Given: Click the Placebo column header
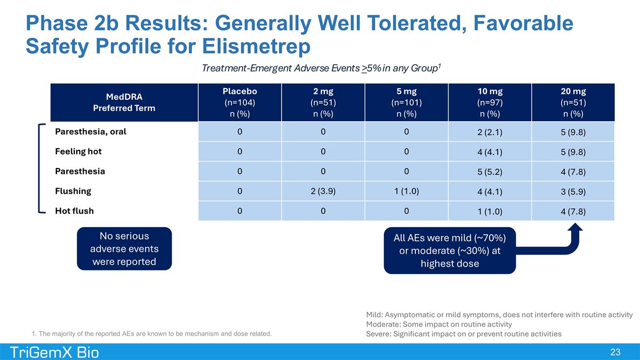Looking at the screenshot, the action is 239,102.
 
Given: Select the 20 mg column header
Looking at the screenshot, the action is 573,102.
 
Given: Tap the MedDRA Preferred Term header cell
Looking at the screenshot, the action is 124,102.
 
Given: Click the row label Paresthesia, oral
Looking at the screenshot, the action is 91,132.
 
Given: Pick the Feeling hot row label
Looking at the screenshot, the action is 78,151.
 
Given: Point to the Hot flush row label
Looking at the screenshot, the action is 74,211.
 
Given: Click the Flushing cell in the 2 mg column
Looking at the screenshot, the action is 323,191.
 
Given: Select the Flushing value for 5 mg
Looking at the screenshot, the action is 406,191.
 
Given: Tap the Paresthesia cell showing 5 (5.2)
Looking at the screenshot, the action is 490,171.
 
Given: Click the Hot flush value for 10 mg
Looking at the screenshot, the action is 490,211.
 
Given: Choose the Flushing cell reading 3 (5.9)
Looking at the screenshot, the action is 573,191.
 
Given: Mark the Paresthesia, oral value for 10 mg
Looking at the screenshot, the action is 490,132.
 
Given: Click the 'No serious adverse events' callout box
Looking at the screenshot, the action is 124,249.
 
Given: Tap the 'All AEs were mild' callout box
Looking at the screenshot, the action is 450,251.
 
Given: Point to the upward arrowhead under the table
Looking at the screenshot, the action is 575,228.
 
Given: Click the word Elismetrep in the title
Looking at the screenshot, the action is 257,46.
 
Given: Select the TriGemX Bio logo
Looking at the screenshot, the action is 54,353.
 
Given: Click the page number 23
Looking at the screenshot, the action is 615,352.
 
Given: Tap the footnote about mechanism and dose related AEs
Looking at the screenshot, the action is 151,333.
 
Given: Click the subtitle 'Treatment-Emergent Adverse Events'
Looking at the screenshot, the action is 281,68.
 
